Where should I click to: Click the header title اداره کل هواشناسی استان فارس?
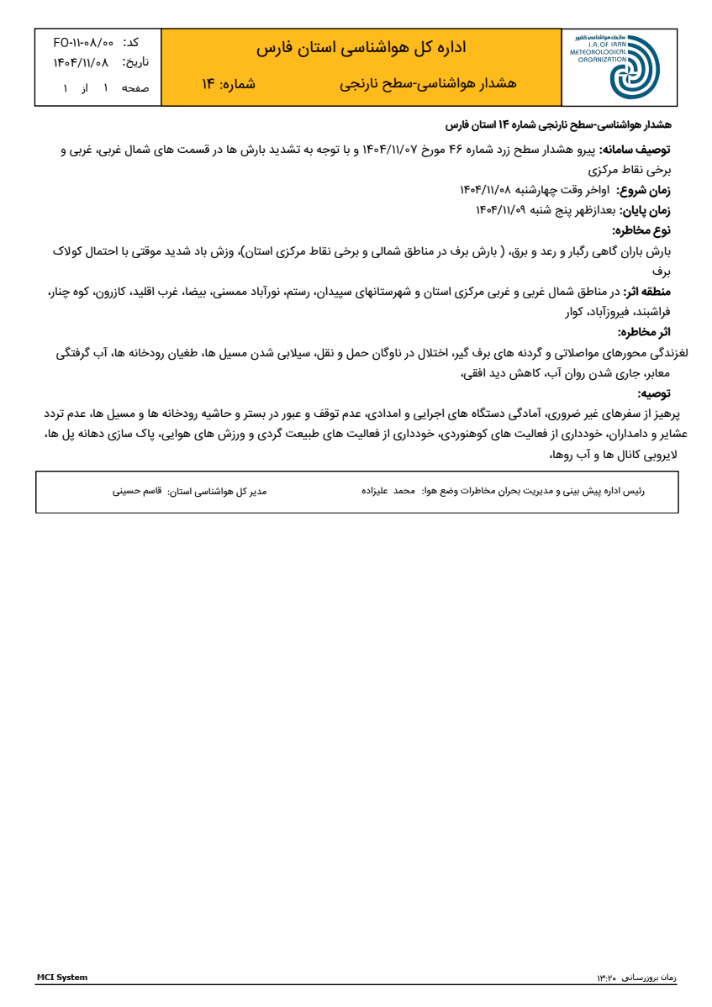(361, 48)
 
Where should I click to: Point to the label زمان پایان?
(649, 210)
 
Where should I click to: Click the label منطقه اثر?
(647, 292)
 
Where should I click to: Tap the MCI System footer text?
(61, 978)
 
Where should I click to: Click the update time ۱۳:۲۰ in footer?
(606, 978)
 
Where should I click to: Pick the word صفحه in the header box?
(135, 88)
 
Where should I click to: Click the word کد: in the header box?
(131, 42)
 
